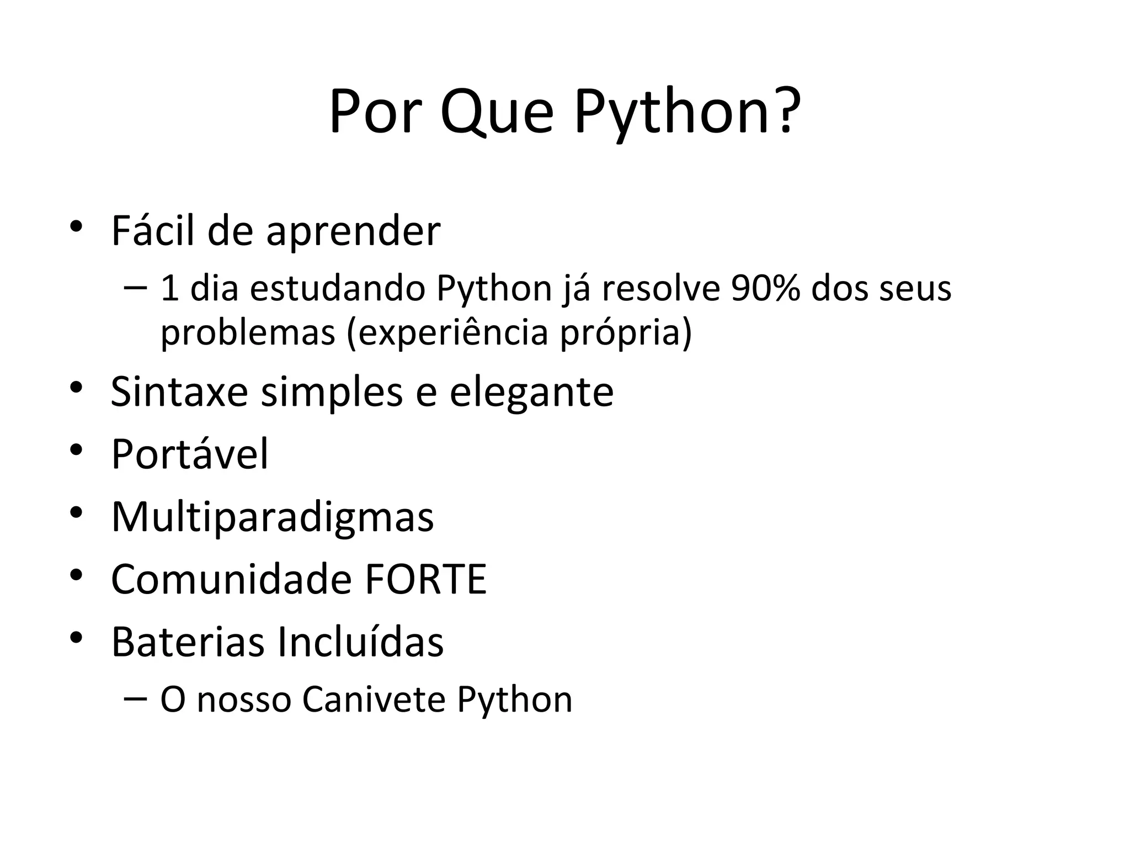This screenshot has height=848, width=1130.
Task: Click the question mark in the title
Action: pos(785,113)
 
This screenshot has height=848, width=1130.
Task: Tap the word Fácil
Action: pos(153,231)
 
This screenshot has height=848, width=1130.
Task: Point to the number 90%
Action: pos(765,289)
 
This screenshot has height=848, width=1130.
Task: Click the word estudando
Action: pos(337,289)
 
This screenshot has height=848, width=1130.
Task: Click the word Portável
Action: pos(190,454)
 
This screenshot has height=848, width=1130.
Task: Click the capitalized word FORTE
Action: pos(425,579)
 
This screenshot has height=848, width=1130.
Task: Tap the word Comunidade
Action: pos(231,579)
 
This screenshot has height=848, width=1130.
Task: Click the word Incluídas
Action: pos(360,642)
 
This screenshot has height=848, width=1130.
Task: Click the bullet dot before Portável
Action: pos(76,450)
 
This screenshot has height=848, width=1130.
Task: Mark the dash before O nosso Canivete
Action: pos(135,698)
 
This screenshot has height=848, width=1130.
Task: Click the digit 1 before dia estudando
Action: pos(169,289)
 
